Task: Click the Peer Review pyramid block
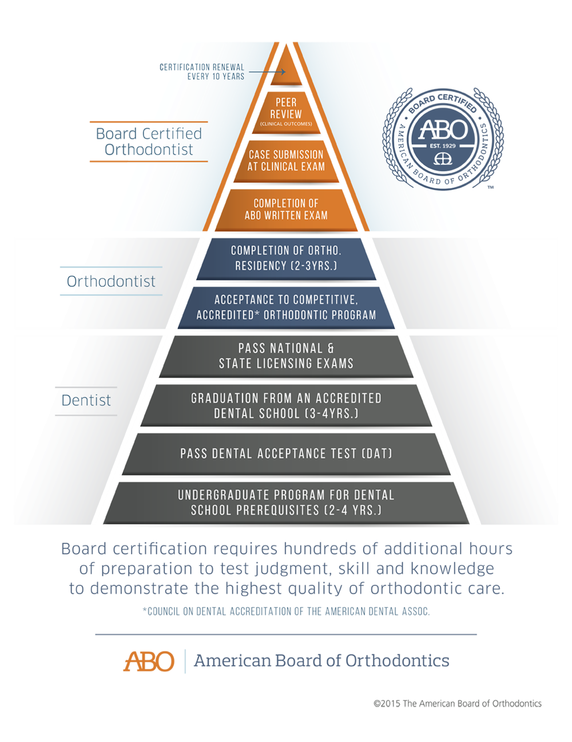coord(286,111)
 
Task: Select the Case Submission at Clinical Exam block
coord(286,161)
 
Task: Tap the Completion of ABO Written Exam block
coord(286,209)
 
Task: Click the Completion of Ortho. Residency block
coord(286,258)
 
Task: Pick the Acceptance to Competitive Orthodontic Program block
coord(286,307)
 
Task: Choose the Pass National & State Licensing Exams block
coord(286,355)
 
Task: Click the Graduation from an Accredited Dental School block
coord(286,405)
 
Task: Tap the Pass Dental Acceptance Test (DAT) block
coord(286,453)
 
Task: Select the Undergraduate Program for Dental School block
coord(286,502)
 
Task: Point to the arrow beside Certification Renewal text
coord(267,72)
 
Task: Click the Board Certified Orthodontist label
coord(149,141)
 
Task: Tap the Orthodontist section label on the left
coord(111,281)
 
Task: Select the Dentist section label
coord(86,400)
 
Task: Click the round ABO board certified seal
coord(443,139)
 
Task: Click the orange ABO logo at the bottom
coord(149,661)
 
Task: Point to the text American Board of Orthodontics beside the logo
coord(321,661)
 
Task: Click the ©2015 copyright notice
coord(457,704)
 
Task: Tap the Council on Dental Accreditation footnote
coord(286,612)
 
